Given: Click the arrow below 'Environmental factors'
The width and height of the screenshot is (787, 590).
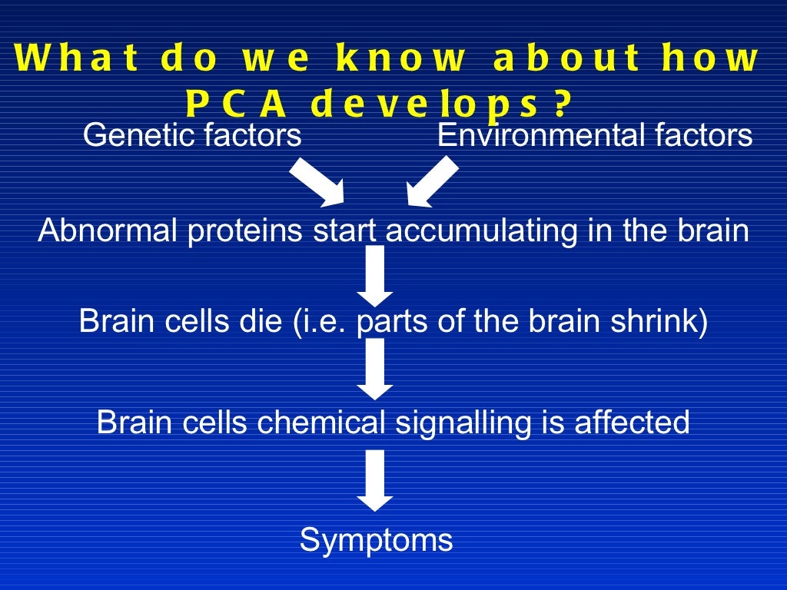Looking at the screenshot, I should coord(432,181).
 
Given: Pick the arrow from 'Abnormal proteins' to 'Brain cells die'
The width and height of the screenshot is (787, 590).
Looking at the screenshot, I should coord(375,276).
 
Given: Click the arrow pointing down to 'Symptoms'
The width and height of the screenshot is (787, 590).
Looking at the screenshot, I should coord(375,480).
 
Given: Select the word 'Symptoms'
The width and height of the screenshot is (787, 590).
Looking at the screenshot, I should coord(376,540).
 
